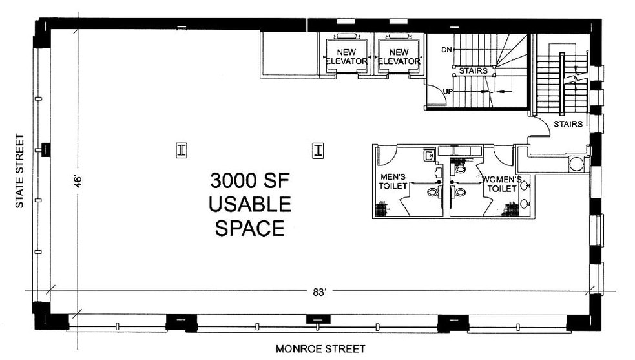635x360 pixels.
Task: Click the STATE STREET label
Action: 20,171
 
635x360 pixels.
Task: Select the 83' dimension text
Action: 318,291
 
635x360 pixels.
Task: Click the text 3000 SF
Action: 250,180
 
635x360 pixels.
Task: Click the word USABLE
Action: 250,204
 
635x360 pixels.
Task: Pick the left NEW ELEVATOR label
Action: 346,57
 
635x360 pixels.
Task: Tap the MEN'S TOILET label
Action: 393,181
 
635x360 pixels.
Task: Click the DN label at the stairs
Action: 446,50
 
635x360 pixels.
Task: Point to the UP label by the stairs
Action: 447,91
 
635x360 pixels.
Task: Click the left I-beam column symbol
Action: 182,150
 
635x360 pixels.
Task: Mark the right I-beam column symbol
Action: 318,150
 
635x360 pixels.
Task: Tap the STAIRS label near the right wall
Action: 568,123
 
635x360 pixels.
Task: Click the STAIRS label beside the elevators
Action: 473,70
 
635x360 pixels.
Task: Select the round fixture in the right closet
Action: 576,164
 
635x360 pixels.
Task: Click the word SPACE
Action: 250,228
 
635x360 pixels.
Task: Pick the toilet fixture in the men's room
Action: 432,192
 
